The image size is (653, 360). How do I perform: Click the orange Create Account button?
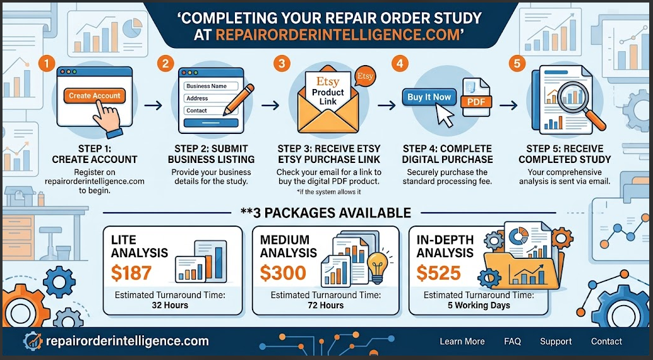coord(94,96)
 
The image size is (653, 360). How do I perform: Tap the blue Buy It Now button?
coord(429,97)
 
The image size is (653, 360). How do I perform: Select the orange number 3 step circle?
coord(282,63)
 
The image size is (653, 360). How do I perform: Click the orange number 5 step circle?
coord(517,63)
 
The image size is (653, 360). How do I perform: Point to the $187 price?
coord(131,273)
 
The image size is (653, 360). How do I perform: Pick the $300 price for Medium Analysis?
coord(283,273)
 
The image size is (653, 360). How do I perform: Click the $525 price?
coord(438,273)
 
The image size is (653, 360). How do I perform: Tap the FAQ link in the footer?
coord(512,341)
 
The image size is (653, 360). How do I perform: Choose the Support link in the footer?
coord(556,341)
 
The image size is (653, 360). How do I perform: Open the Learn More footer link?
coord(462,341)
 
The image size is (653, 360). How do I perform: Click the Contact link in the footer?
coord(606,341)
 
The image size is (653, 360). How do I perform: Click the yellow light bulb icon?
coord(378,267)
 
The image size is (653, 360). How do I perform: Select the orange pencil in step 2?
coord(239,100)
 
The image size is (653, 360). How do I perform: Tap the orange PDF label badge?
coord(476,102)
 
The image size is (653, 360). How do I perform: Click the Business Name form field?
coord(211,86)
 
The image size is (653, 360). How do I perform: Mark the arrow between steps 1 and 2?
coord(153,105)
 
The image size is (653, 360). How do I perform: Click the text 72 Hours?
coord(326,306)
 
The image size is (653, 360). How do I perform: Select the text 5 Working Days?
coord(479,306)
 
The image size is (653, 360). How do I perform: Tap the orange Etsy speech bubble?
coord(365,76)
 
